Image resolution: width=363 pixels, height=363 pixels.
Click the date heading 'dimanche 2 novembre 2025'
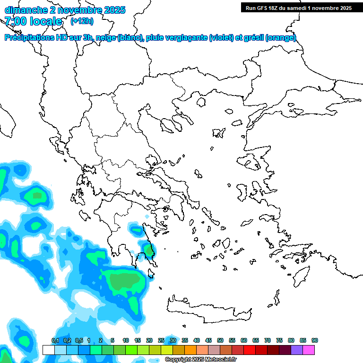pos(65,9)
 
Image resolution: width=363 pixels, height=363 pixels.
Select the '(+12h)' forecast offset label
pos(82,21)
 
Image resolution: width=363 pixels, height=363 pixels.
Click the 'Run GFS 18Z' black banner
pos(298,8)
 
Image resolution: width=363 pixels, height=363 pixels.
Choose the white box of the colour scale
pos(48,350)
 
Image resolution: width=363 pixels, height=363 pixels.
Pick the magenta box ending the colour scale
pos(309,350)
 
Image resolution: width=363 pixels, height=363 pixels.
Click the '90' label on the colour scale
pos(315,341)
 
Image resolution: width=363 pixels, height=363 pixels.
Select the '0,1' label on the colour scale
pos(55,341)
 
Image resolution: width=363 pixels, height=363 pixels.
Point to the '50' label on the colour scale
pos(220,341)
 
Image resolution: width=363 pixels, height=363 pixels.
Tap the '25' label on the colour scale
pos(161,341)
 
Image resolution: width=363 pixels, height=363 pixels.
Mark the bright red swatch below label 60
pos(250,350)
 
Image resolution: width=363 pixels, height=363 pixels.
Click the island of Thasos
pos(201,102)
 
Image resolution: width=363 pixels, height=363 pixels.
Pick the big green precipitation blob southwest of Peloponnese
pos(124,282)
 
